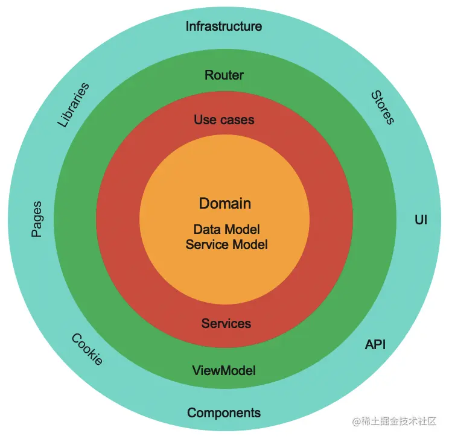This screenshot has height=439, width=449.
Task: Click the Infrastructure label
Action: tap(223, 27)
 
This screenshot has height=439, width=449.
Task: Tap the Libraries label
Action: tap(74, 105)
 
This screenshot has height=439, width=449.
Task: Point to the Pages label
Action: tap(36, 219)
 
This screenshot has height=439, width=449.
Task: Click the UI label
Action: tap(421, 219)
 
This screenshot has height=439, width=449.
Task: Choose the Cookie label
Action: tap(88, 349)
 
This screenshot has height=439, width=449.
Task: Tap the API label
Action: tap(375, 345)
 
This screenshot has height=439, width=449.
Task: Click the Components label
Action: tap(224, 413)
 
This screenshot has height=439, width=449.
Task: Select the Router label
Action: tap(224, 75)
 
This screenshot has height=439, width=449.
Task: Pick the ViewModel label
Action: tap(224, 370)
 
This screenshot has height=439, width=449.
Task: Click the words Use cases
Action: tap(224, 120)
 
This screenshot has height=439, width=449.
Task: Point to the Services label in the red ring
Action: tap(226, 324)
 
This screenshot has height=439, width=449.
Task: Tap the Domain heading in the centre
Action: tap(224, 204)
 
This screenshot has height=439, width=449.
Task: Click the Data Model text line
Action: tap(226, 230)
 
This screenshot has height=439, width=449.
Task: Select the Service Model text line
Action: tap(226, 244)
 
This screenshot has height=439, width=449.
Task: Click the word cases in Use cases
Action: tap(237, 120)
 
